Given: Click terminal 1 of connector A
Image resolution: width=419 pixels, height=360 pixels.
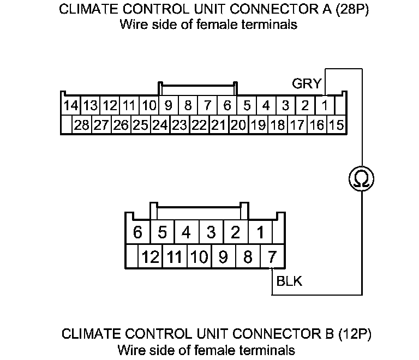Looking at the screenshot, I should (x=325, y=105).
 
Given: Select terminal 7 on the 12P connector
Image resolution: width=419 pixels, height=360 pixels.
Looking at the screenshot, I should (x=271, y=255).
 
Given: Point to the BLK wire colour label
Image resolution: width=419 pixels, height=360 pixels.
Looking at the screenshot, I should (x=289, y=281).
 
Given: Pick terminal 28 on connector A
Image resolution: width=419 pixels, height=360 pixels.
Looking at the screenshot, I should (x=82, y=125).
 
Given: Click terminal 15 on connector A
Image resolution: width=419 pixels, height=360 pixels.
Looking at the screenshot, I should (x=337, y=125).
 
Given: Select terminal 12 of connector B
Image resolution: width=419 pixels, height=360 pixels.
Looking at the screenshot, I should (x=151, y=255).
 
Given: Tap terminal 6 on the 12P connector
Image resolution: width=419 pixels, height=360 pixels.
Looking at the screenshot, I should (x=137, y=232).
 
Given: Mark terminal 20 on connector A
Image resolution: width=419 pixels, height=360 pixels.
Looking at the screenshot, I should (x=238, y=125).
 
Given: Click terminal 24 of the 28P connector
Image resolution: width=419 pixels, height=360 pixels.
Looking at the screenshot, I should (x=160, y=125).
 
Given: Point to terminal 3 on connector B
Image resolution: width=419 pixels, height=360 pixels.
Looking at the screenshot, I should (x=211, y=232).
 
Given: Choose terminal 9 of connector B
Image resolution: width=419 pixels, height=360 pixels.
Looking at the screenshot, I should (x=223, y=255).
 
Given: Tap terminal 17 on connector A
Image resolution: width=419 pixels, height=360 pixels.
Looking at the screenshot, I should (x=297, y=125).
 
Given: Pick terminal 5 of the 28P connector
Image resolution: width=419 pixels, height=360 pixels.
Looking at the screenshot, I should (x=247, y=105).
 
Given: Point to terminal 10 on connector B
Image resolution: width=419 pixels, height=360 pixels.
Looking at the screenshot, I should (x=199, y=255).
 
